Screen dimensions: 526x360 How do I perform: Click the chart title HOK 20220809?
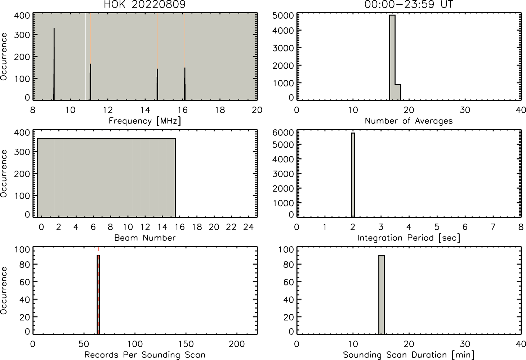(x=145, y=4)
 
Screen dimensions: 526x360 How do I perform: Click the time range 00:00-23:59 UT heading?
(x=409, y=4)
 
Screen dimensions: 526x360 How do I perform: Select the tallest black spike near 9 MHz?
(x=54, y=64)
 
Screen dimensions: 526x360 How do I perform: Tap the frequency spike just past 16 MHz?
(x=185, y=84)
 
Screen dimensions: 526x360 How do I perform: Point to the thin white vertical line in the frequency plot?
(x=85, y=56)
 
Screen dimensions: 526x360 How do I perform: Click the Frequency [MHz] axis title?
(x=145, y=121)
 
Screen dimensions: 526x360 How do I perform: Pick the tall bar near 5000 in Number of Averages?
(x=392, y=58)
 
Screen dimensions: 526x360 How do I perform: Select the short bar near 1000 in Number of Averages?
(x=398, y=92)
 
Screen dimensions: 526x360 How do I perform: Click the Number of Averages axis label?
(x=409, y=121)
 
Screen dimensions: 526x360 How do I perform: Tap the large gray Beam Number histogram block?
(x=106, y=177)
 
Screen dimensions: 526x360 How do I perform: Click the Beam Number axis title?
(x=145, y=238)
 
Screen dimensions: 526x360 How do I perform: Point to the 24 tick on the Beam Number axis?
(x=249, y=227)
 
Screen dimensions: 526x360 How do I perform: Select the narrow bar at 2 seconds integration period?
(x=353, y=175)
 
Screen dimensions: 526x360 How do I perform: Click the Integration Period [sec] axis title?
(x=409, y=238)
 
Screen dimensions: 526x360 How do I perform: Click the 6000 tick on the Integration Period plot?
(x=283, y=132)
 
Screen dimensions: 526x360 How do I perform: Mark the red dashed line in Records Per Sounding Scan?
(x=98, y=290)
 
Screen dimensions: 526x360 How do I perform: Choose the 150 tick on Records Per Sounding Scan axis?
(x=186, y=344)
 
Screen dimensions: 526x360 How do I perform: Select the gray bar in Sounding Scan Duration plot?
(x=381, y=294)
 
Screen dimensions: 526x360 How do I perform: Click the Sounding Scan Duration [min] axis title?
(x=409, y=355)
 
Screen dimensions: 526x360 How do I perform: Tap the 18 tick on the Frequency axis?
(x=220, y=110)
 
